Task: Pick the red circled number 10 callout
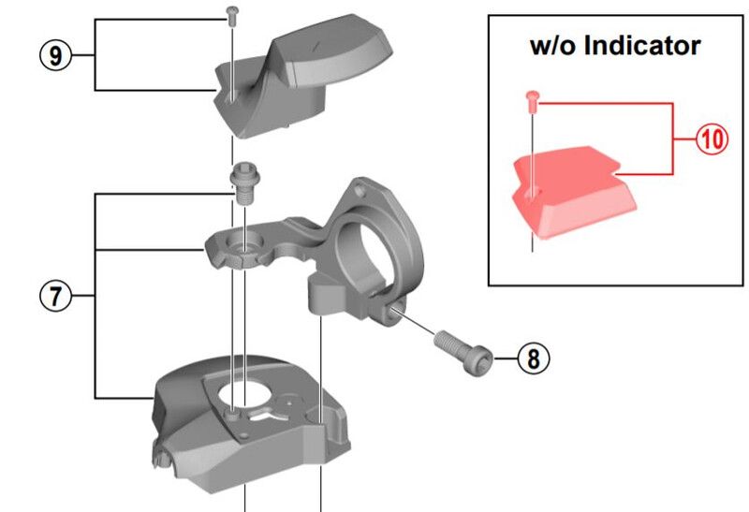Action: (x=712, y=139)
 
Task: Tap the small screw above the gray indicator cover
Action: (x=232, y=12)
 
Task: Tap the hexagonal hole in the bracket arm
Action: (x=242, y=249)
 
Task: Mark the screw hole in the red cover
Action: (x=532, y=193)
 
